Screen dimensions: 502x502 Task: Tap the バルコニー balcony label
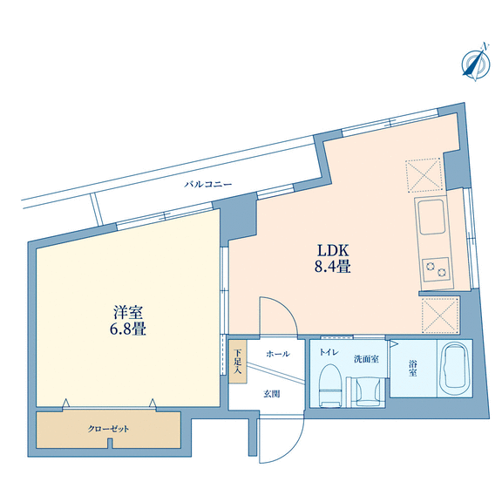(x=208, y=185)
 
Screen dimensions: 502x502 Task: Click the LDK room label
(x=333, y=251)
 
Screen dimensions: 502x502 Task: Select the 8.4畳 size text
(x=333, y=267)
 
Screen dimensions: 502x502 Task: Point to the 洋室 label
(x=128, y=313)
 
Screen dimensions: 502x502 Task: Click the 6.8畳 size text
(x=128, y=329)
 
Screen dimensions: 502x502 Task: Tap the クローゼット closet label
(x=108, y=429)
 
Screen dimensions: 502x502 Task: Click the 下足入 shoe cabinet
(x=238, y=362)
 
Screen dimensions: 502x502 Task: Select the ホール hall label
(x=278, y=354)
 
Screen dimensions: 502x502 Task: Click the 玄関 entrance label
(x=272, y=394)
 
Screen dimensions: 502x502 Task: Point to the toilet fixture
(x=331, y=385)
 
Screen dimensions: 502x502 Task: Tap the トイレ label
(x=329, y=352)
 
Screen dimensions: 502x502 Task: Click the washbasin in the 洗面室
(x=367, y=392)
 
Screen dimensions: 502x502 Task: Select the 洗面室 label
(x=366, y=359)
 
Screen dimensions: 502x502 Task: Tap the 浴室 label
(x=413, y=368)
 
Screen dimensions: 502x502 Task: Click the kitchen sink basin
(x=432, y=217)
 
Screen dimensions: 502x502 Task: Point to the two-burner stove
(x=436, y=269)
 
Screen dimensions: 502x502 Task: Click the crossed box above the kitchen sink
(x=424, y=175)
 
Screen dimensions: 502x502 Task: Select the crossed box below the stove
(x=441, y=315)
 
